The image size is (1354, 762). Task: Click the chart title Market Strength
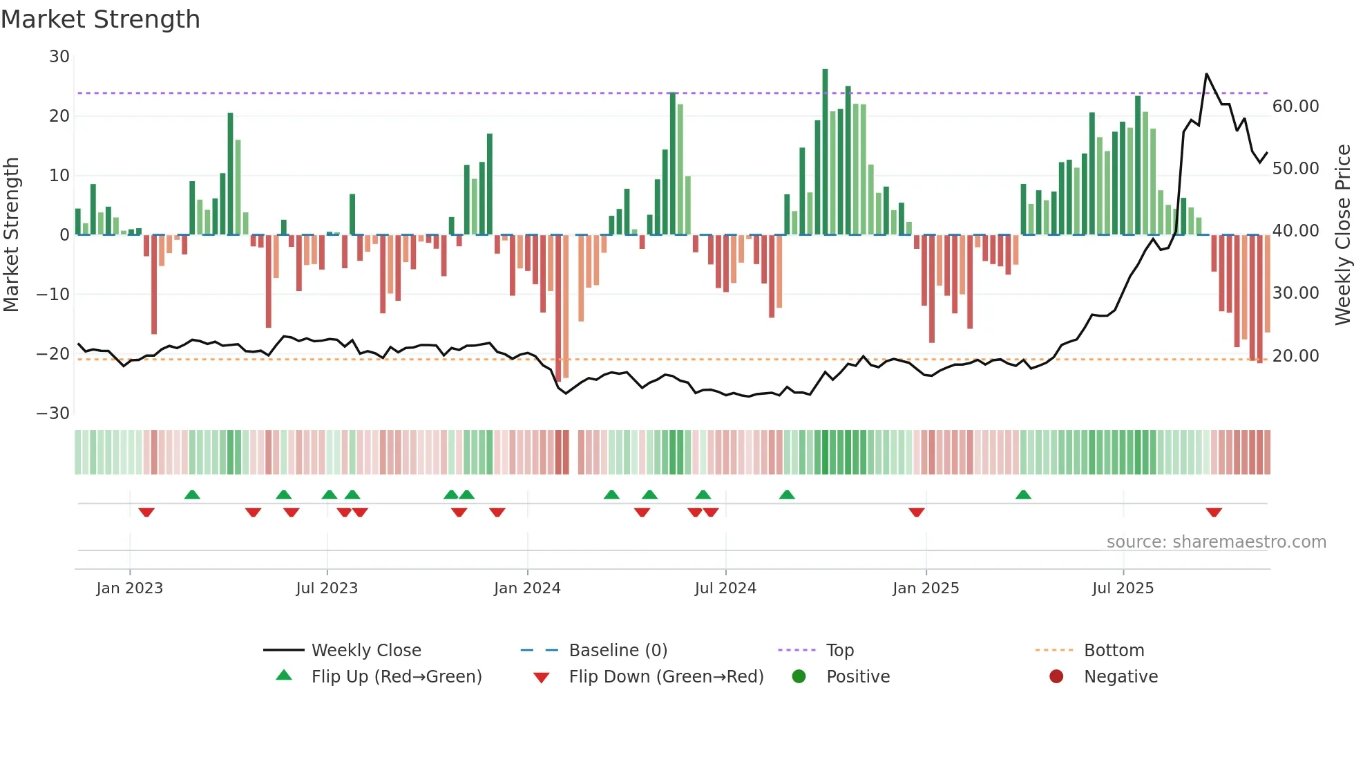click(x=100, y=19)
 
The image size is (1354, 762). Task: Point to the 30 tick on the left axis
click(x=59, y=57)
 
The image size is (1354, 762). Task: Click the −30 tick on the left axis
click(x=53, y=413)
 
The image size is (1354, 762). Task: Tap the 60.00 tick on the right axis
click(x=1295, y=106)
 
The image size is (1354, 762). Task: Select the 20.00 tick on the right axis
click(x=1295, y=356)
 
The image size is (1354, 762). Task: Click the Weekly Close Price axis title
click(x=1342, y=235)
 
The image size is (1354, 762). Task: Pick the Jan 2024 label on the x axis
click(x=527, y=588)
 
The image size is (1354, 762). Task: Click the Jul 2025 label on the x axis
click(x=1123, y=588)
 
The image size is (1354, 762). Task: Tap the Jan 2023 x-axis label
click(x=130, y=588)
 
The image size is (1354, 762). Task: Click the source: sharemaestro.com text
click(x=1216, y=542)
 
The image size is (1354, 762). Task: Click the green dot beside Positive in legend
click(x=799, y=677)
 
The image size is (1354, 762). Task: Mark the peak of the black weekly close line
click(x=1206, y=74)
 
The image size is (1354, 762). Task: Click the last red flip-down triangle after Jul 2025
click(x=1214, y=512)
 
